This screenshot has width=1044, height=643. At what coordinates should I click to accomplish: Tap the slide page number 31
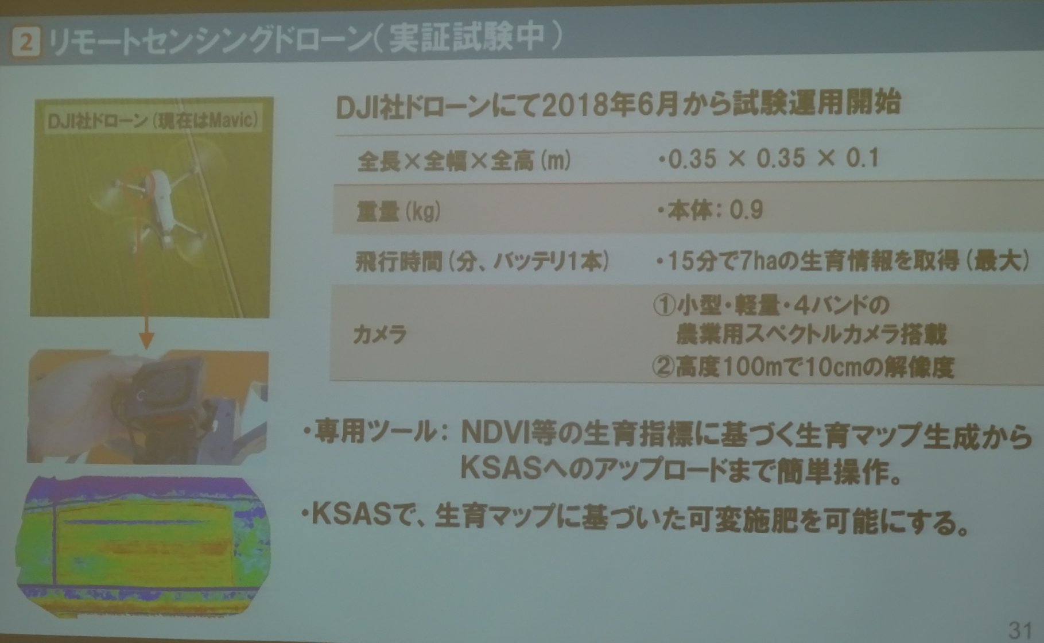click(x=1020, y=630)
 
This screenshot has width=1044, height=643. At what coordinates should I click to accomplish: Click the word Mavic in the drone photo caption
click(x=232, y=121)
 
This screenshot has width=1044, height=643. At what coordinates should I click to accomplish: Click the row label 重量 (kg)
click(x=398, y=211)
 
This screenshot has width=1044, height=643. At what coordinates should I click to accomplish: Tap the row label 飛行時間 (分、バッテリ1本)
click(x=482, y=262)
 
